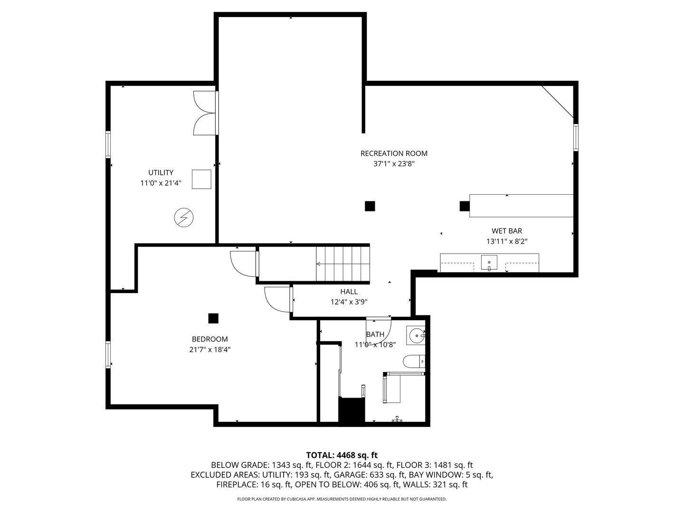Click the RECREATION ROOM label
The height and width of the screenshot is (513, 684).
click(394, 153)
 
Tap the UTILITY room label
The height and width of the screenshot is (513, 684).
click(161, 172)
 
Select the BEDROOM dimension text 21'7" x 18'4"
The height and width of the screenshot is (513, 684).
click(210, 350)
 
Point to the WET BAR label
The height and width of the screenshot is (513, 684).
click(507, 231)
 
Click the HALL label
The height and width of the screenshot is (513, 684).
click(349, 292)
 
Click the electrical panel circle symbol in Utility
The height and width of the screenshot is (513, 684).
click(183, 218)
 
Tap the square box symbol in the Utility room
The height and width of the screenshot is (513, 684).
click(201, 179)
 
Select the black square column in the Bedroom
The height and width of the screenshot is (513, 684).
click(213, 318)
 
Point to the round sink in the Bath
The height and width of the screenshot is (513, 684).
click(417, 336)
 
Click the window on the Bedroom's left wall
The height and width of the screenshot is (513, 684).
click(108, 355)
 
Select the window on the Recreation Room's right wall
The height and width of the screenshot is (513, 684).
click(576, 137)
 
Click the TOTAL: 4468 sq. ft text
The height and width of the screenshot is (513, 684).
click(342, 455)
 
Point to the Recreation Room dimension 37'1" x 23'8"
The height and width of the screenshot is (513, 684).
click(394, 163)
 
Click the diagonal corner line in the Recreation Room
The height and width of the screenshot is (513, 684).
click(557, 102)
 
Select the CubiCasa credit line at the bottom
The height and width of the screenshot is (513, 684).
click(342, 499)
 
